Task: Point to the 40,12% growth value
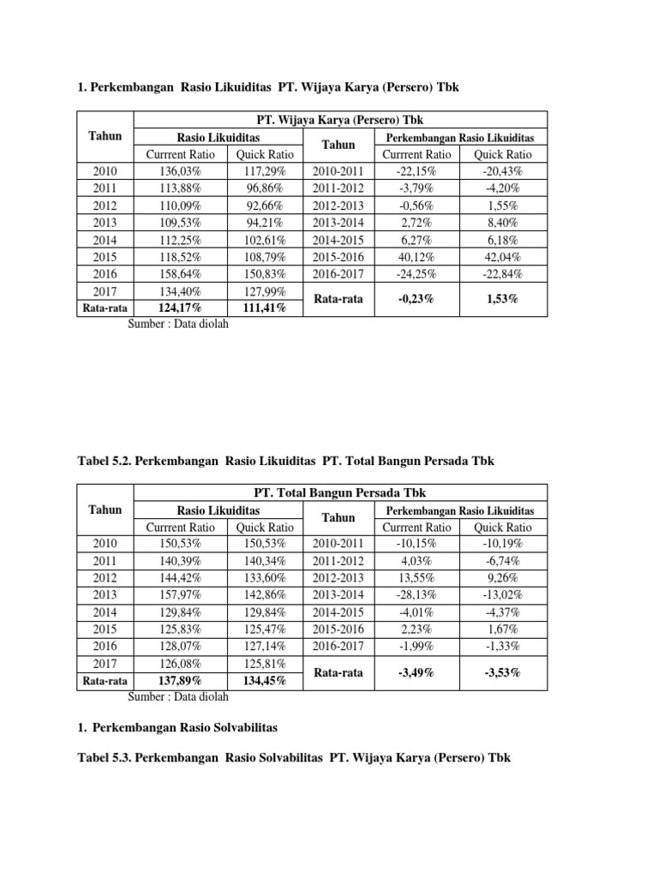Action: click(x=416, y=257)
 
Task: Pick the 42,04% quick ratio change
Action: click(x=504, y=257)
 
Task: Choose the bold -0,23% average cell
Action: click(x=416, y=299)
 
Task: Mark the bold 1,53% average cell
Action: click(x=504, y=299)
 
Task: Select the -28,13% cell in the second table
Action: click(x=416, y=595)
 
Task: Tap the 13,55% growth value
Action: click(x=416, y=578)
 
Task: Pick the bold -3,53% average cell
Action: click(x=504, y=672)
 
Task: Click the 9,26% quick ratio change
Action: click(x=504, y=578)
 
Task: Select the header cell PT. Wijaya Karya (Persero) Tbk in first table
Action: click(x=341, y=120)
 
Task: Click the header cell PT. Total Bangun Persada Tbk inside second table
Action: click(x=341, y=492)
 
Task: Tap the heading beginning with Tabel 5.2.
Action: click(x=285, y=461)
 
